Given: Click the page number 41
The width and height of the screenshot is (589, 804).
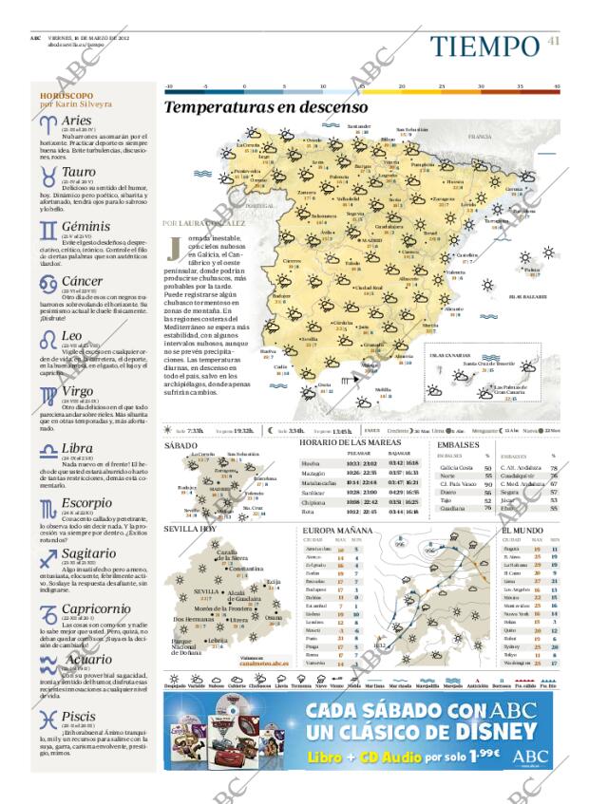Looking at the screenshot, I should (554, 40).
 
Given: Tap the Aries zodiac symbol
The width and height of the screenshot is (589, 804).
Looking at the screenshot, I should (47, 122).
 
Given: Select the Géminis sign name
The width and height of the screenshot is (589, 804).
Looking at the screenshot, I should (85, 227).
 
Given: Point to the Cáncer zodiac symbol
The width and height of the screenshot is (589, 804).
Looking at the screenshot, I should (47, 283).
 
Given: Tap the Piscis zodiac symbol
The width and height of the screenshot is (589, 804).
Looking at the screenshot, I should (47, 719).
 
